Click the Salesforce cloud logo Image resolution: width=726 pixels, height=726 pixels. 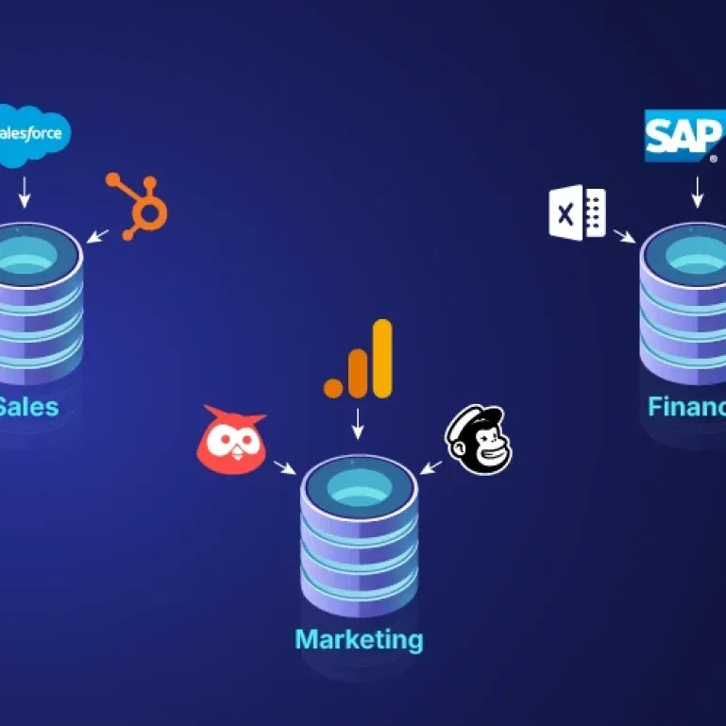[34, 135]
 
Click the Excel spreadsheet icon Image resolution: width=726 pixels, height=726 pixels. [577, 212]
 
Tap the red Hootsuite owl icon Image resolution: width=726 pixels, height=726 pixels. [231, 439]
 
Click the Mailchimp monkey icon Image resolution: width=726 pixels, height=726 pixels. [479, 440]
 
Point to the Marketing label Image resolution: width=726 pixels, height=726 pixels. [359, 639]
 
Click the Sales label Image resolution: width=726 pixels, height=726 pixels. [27, 407]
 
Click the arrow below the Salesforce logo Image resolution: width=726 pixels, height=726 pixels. [25, 194]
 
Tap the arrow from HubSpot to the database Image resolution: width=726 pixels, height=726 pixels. [98, 234]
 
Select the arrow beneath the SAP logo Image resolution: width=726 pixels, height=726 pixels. [698, 194]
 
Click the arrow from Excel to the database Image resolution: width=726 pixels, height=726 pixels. [622, 236]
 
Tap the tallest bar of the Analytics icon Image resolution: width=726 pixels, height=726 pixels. [381, 358]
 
